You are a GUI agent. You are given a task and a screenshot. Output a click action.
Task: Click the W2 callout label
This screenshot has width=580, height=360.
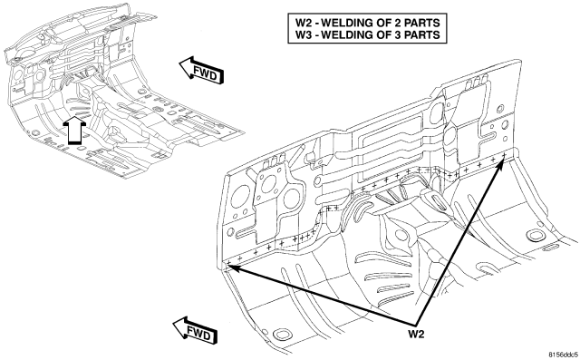[x=416, y=334]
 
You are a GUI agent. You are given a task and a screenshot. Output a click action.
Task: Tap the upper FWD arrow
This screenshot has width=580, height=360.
[x=201, y=71]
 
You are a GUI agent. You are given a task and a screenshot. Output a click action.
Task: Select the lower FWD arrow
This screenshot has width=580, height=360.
[x=196, y=330]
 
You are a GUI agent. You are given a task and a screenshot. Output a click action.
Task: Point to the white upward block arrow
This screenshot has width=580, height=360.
[x=74, y=130]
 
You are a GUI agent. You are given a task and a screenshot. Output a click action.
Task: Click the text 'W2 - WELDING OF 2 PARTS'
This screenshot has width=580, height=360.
[x=368, y=23]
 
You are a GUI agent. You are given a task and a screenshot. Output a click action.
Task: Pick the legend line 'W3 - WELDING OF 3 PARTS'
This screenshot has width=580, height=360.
[x=368, y=34]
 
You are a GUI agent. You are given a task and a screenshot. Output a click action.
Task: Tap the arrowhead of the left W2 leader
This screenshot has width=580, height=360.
[x=230, y=265]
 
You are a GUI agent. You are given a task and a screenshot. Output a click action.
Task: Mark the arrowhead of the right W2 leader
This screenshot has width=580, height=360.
[x=501, y=161]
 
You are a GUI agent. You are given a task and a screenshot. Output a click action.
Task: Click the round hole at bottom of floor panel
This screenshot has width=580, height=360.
[x=282, y=334]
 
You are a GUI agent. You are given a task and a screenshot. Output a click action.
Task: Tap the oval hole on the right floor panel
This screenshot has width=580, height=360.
[x=535, y=235]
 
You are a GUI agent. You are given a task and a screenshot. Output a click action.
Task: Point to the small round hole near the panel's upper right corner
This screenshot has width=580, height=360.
[x=500, y=109]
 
